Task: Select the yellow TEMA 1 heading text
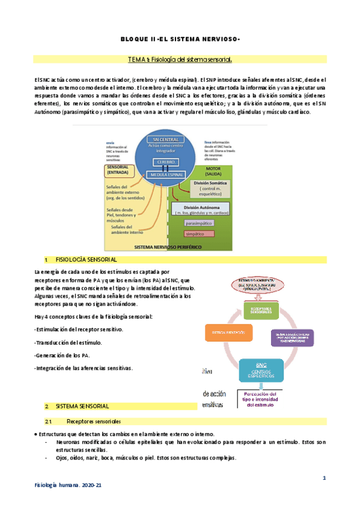[180, 60]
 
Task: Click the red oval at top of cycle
[260, 284]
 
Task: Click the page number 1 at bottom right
[324, 478]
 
